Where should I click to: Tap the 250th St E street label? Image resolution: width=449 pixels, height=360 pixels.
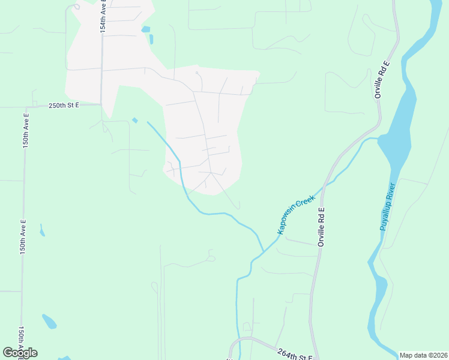click(65, 105)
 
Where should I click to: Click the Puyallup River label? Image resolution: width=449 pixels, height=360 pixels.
click(387, 206)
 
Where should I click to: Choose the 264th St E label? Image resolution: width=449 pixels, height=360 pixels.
click(295, 355)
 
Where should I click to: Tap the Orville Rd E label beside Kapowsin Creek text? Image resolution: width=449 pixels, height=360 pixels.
click(321, 227)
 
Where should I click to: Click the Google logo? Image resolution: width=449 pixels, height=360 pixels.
click(20, 353)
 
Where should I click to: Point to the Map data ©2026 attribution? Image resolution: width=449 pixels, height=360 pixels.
click(423, 355)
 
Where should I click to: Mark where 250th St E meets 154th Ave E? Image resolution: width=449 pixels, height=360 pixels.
click(101, 104)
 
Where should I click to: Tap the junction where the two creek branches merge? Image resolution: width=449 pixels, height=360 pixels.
click(264, 250)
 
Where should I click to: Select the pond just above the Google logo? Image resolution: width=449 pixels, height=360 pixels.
click(49, 322)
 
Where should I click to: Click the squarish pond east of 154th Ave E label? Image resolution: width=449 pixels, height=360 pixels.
click(145, 28)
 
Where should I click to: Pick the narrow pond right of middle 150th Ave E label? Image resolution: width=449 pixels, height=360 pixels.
click(41, 230)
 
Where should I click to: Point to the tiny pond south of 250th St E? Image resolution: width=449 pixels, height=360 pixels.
click(135, 120)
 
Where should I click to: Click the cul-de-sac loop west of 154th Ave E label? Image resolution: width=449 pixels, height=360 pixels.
click(76, 7)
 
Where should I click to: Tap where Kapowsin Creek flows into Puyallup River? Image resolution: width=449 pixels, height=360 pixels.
click(379, 139)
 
